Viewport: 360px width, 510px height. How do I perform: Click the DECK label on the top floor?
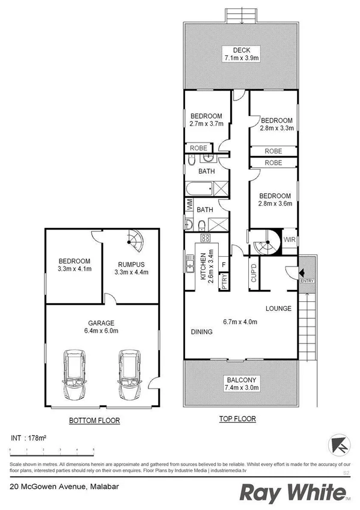(x=241, y=50)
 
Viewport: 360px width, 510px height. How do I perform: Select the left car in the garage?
(x=75, y=375)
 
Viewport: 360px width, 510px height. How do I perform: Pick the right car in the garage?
(x=129, y=375)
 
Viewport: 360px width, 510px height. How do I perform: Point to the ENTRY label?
(x=307, y=281)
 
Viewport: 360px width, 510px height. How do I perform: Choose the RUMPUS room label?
(x=130, y=264)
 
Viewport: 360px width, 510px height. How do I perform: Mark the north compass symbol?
(x=338, y=446)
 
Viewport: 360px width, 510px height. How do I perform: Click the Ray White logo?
(x=294, y=493)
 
